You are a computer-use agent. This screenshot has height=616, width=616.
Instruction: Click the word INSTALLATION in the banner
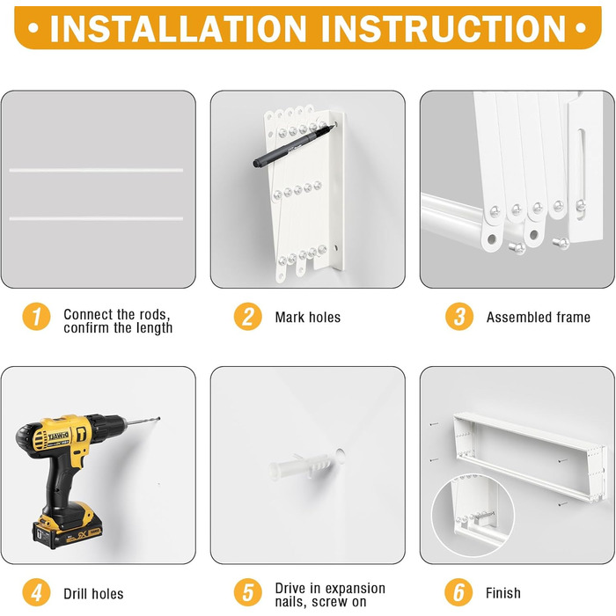click(179, 29)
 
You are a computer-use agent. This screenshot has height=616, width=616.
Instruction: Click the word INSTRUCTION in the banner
click(444, 29)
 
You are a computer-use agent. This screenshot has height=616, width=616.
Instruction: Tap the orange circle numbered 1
click(36, 317)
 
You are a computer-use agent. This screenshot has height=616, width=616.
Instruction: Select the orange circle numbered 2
click(248, 317)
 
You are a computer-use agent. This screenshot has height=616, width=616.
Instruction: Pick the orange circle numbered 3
click(459, 317)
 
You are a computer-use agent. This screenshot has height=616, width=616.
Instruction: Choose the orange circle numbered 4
click(36, 592)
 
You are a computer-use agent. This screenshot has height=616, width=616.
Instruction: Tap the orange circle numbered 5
click(248, 592)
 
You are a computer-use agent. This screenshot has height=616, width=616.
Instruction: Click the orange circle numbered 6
click(458, 592)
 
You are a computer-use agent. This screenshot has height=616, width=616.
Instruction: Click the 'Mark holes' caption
click(308, 317)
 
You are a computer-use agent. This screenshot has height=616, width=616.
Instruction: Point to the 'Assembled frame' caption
click(539, 317)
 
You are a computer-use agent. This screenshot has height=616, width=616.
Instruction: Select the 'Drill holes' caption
click(93, 594)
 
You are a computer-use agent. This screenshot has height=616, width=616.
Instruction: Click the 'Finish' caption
click(503, 593)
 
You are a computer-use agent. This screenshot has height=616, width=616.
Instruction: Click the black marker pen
click(294, 145)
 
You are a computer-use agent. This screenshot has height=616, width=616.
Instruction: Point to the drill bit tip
click(158, 419)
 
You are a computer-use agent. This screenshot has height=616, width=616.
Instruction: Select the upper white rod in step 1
click(96, 170)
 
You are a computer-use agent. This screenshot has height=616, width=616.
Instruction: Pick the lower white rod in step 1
click(96, 218)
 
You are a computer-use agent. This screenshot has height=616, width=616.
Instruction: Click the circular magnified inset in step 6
click(473, 516)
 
